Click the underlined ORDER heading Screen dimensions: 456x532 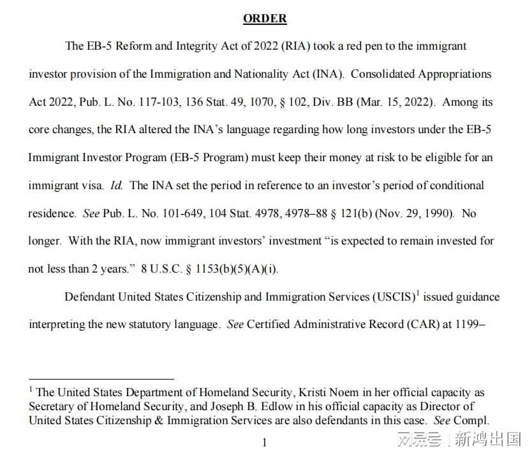click(265, 18)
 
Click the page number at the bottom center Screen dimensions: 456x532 click(265, 443)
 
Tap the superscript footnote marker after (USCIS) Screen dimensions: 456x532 click(417, 294)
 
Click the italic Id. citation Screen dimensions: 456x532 click(116, 185)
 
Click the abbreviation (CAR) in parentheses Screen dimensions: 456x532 click(421, 325)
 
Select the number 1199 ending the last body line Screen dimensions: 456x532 click(471, 325)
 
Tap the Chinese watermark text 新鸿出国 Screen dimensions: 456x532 click(487, 439)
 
